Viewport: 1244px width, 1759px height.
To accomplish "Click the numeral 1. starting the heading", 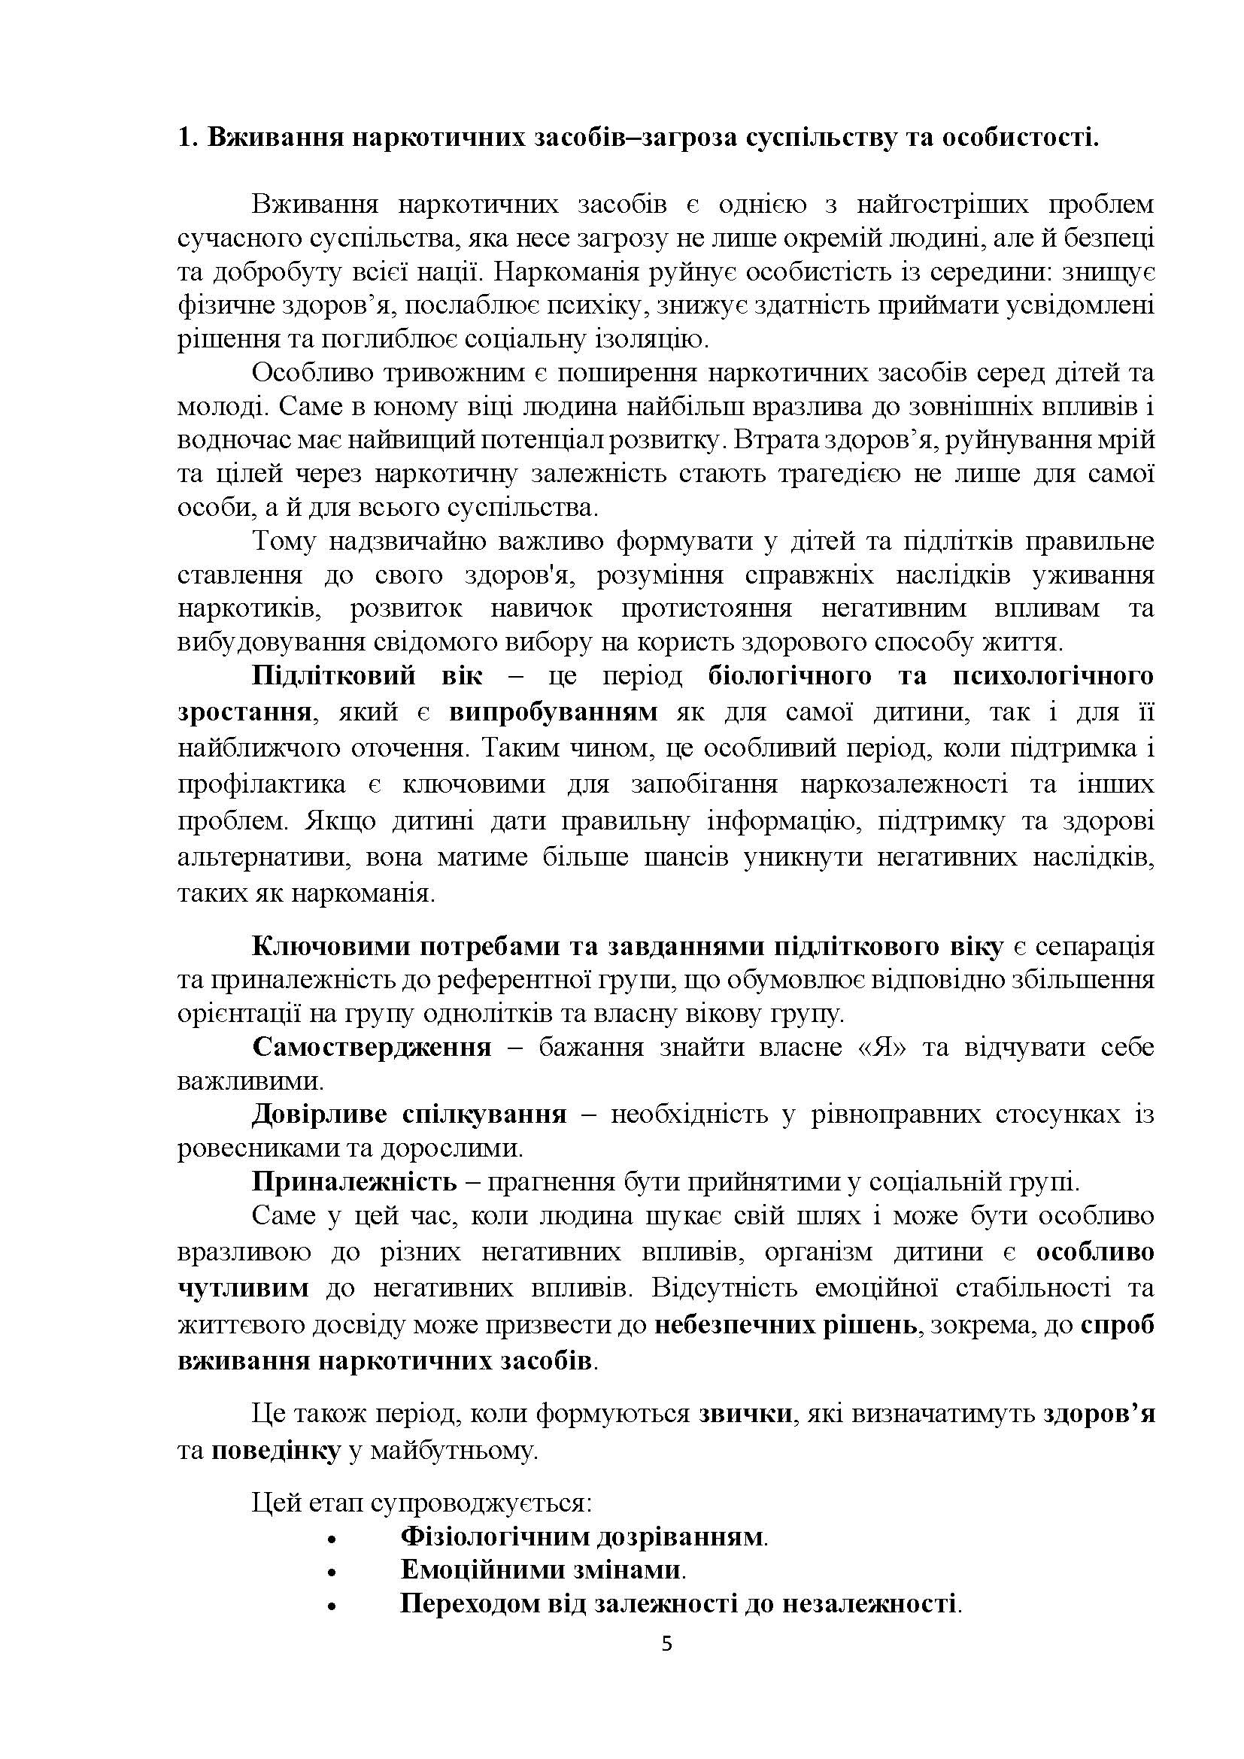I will (x=188, y=137).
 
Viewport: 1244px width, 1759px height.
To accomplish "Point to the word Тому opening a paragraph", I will (x=284, y=541).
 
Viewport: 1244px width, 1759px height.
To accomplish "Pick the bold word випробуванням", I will (x=553, y=711).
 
